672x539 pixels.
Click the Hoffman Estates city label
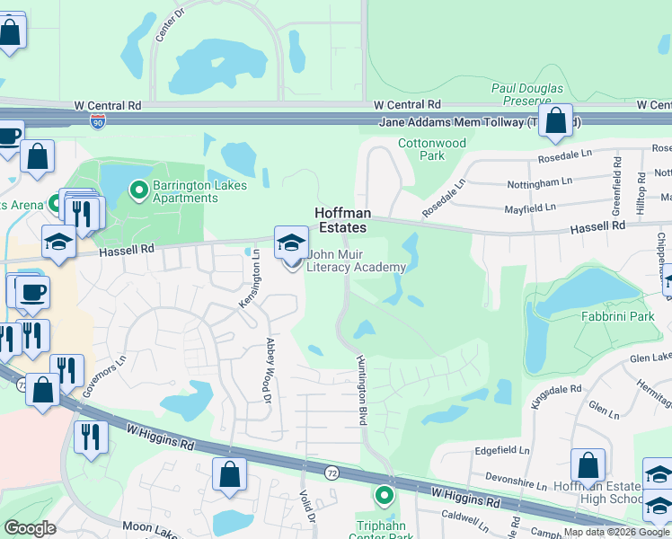(x=340, y=220)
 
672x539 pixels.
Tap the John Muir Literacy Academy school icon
(x=291, y=243)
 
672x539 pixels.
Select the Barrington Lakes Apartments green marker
(x=138, y=190)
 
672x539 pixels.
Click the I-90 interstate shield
(x=97, y=119)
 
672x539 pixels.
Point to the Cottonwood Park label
(x=432, y=149)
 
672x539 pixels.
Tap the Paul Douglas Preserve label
(x=526, y=94)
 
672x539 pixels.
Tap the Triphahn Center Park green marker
(x=385, y=495)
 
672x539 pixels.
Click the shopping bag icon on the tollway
(x=556, y=122)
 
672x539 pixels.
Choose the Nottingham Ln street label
(x=542, y=181)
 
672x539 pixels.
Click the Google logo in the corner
(x=31, y=528)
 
